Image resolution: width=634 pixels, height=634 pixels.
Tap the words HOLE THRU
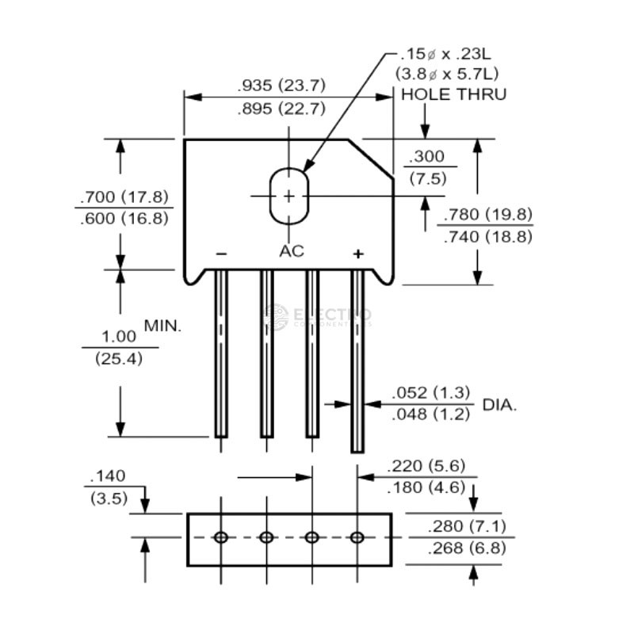point(454,94)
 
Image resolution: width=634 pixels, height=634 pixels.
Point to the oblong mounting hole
point(288,196)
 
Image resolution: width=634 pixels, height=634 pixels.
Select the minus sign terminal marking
point(221,254)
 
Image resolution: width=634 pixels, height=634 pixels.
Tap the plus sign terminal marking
point(358,254)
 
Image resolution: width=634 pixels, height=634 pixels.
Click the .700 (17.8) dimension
point(124,197)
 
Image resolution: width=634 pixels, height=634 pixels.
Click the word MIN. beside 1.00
point(163,325)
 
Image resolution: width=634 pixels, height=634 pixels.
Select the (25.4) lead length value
point(119,358)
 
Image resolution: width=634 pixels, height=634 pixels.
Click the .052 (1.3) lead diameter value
point(432,392)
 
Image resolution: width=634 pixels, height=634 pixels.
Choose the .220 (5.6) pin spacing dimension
point(426,466)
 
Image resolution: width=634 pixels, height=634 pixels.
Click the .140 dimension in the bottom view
point(108,476)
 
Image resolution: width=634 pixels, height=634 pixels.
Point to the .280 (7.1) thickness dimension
point(467,526)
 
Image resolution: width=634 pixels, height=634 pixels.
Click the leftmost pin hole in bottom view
point(221,538)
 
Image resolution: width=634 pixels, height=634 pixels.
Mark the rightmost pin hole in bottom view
point(357,538)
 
